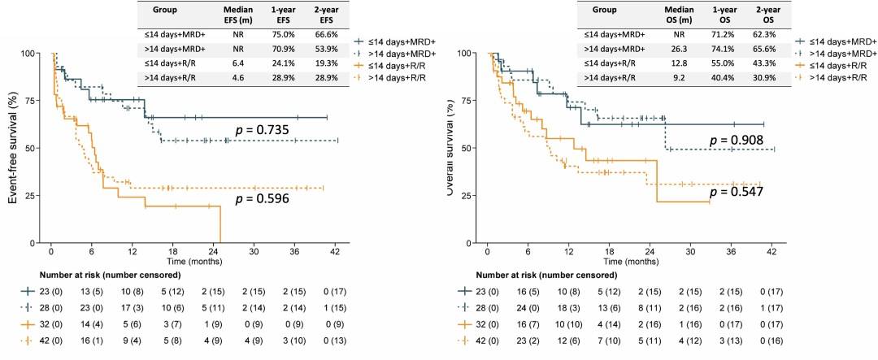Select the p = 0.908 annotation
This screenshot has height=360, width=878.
coord(737,140)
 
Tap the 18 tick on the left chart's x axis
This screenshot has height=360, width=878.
coord(152,253)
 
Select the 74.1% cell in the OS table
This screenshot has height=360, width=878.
coord(720,49)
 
